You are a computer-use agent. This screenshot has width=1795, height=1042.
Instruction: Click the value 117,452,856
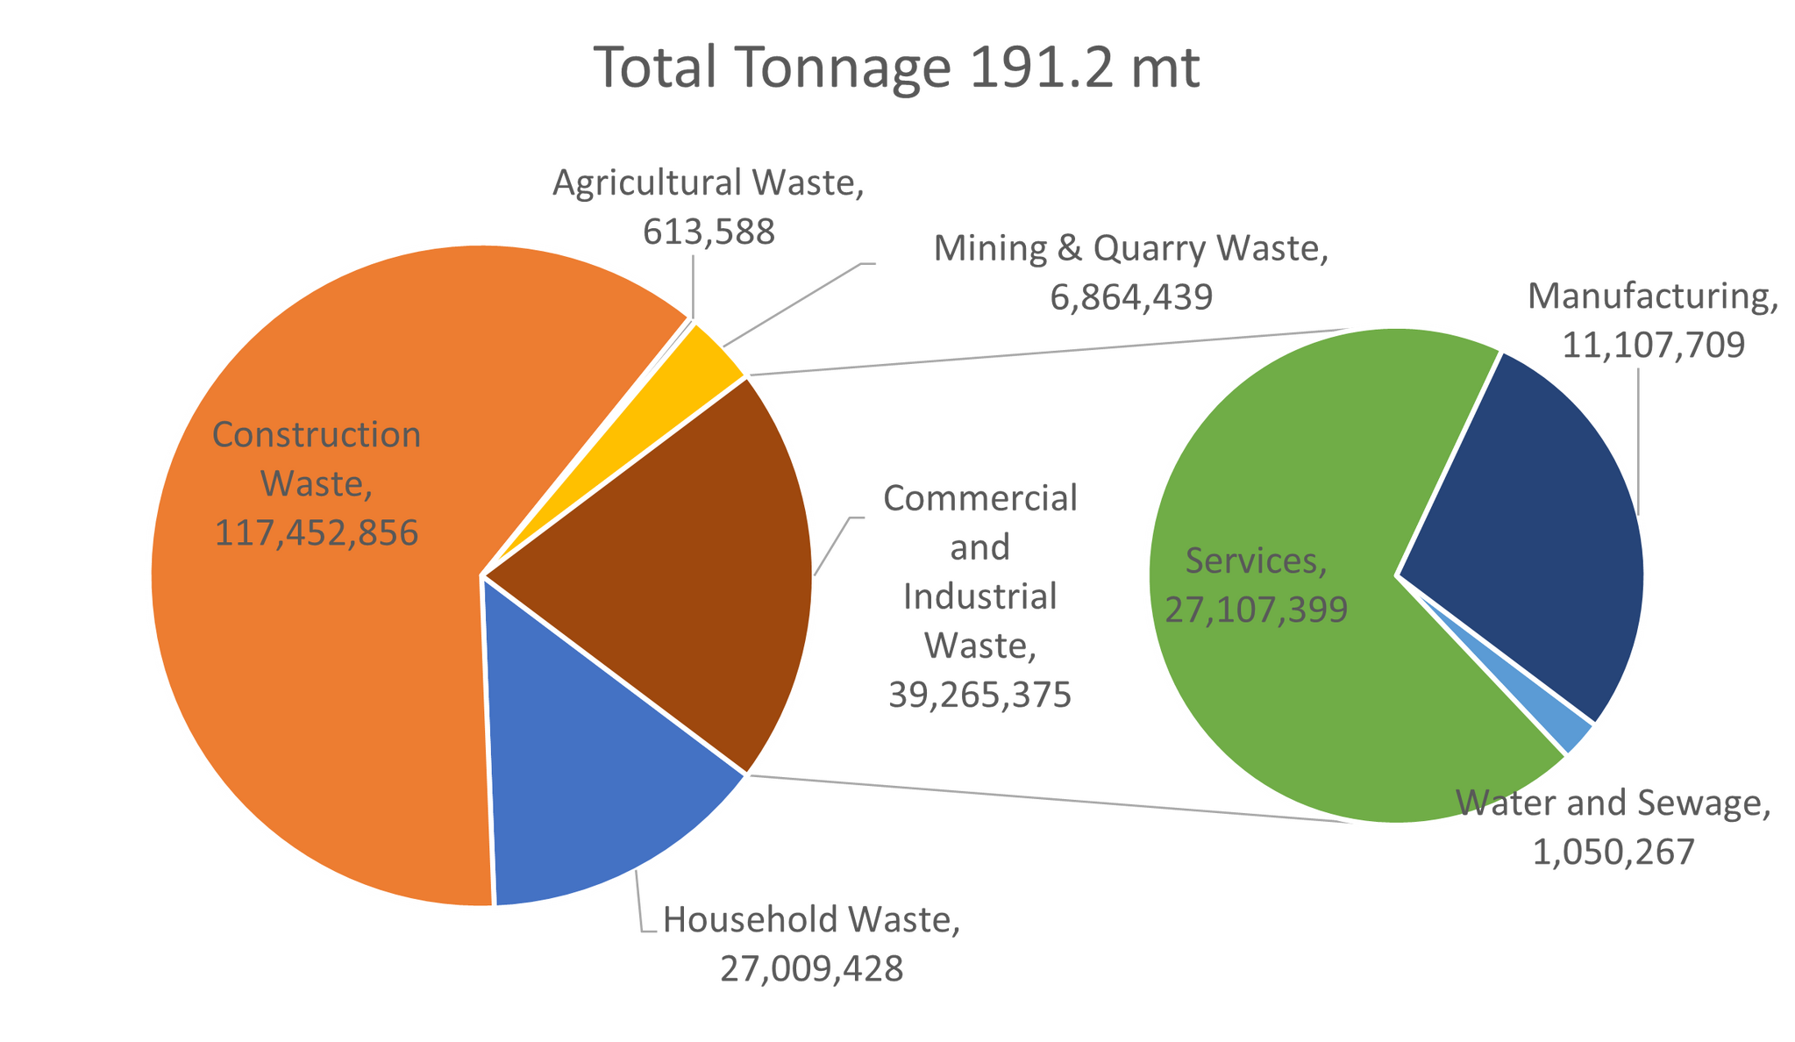(x=317, y=533)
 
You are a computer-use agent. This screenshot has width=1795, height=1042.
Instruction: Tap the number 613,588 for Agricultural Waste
(x=709, y=232)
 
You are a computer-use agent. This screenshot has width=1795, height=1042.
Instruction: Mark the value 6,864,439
(x=1131, y=298)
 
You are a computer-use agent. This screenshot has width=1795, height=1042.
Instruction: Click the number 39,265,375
(x=979, y=696)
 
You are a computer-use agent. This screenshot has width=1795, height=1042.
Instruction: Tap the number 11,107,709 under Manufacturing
(x=1653, y=345)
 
